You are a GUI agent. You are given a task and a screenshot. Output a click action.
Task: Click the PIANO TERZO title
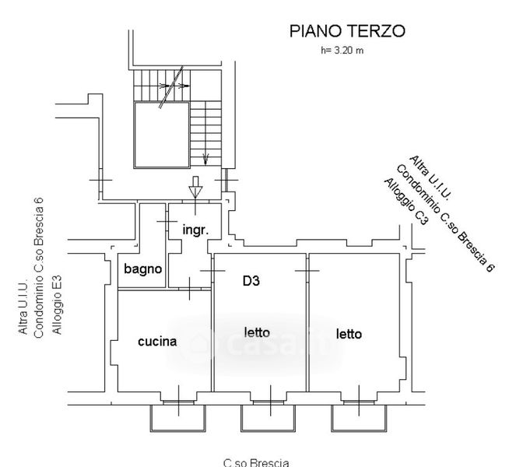click(347, 31)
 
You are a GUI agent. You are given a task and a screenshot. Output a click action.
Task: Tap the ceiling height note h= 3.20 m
click(342, 51)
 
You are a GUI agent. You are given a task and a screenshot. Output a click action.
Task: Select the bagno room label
click(143, 269)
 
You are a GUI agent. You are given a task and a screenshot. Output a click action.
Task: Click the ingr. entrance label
click(195, 230)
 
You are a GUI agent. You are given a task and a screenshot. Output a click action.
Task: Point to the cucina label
click(157, 342)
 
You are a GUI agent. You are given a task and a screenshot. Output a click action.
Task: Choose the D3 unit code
click(251, 281)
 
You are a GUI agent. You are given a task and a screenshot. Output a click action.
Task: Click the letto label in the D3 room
click(257, 332)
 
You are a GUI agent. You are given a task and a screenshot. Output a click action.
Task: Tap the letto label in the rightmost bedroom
click(349, 334)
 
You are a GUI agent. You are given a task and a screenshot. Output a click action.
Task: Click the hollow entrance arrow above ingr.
click(195, 188)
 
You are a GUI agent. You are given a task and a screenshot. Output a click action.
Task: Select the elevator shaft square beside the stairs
click(162, 135)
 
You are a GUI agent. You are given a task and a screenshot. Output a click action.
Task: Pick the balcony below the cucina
click(178, 418)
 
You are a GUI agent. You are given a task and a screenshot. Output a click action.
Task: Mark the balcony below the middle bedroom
click(269, 418)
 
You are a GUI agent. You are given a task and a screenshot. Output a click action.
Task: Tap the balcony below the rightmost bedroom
click(359, 418)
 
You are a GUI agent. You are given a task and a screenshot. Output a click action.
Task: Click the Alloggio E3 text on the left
click(57, 305)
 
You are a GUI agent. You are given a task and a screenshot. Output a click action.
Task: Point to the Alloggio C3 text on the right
click(406, 202)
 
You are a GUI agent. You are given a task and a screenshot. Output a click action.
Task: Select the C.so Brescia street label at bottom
click(256, 462)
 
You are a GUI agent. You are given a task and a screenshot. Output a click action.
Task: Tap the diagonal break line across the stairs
click(171, 87)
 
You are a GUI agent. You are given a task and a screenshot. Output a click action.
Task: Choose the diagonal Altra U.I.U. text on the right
click(430, 177)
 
